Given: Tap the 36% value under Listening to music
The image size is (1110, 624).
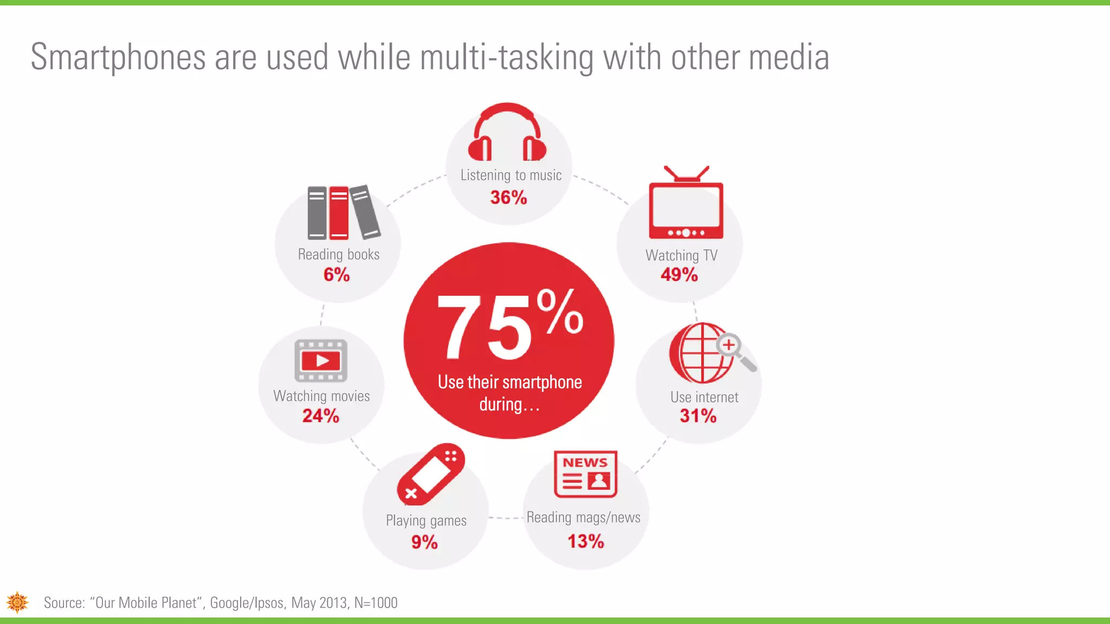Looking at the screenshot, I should (x=508, y=198).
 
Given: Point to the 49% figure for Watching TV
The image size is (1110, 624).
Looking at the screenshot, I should (x=679, y=275).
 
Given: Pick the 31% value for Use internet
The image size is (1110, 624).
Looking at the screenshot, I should (x=698, y=416).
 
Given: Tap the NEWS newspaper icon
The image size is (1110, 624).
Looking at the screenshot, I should (x=585, y=474).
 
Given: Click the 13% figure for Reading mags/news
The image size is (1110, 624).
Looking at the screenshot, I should (x=585, y=541).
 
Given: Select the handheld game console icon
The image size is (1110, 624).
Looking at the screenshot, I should (x=431, y=474).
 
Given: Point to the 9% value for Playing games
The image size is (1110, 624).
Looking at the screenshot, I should (x=424, y=542).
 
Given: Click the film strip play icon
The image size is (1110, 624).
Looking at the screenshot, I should (x=321, y=361).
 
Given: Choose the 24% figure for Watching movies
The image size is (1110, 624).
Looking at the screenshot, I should (x=321, y=416).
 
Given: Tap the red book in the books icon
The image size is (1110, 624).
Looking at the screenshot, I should (x=339, y=213).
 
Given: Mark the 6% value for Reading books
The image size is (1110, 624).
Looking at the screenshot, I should (x=337, y=275).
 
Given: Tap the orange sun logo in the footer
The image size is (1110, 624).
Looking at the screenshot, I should (x=17, y=602).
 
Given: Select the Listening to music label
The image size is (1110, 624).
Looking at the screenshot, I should (x=511, y=175).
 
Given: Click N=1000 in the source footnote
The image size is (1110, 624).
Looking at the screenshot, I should (x=376, y=603).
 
